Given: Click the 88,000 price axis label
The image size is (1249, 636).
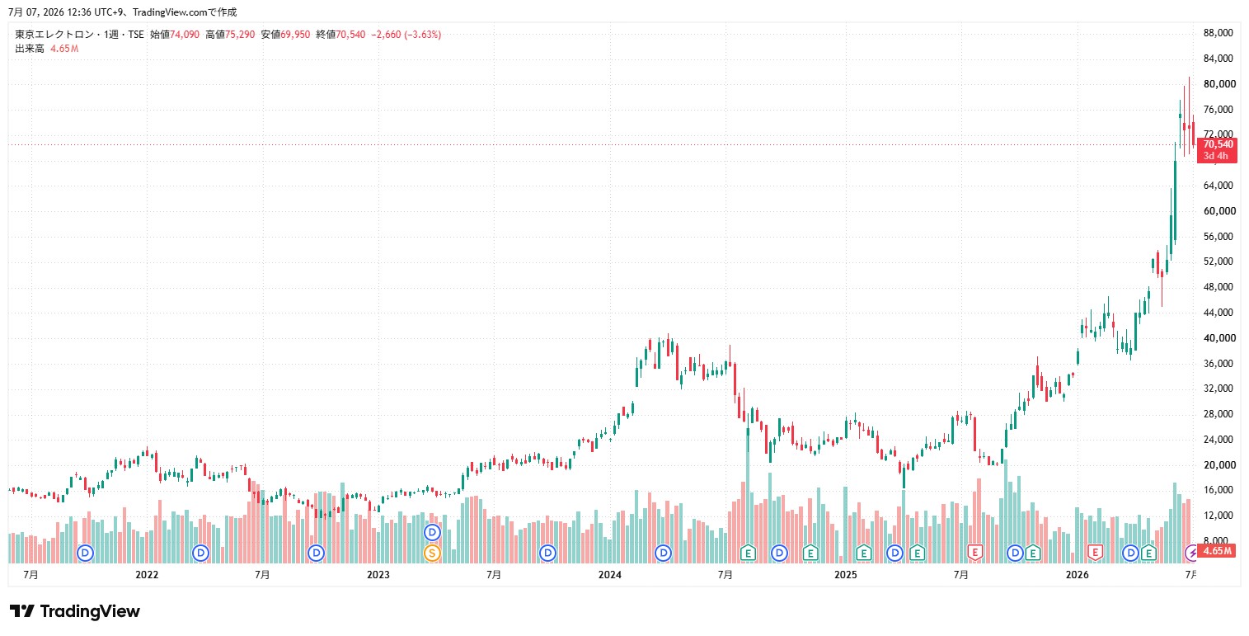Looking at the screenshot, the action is tap(1218, 33).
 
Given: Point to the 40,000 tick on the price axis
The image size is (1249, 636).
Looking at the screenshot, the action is tap(1219, 337).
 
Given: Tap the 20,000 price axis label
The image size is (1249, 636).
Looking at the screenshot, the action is tap(1219, 464).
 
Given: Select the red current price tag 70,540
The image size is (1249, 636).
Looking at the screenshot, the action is tap(1217, 144).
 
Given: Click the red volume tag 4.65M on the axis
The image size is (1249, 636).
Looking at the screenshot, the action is tap(1217, 551).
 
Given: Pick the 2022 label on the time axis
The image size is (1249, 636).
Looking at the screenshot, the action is tap(148, 575).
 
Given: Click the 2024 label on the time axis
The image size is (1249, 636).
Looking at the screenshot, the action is tap(610, 575).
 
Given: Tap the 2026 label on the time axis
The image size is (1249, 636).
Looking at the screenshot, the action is tap(1078, 575).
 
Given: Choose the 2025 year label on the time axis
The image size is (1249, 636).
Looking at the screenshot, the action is tap(845, 575).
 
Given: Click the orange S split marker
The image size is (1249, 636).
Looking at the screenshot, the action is tap(432, 553).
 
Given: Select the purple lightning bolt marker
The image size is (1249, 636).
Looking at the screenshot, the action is tap(1191, 553).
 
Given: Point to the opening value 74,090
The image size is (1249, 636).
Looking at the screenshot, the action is tap(185, 35).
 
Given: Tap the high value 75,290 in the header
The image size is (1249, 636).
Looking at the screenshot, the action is tap(240, 35).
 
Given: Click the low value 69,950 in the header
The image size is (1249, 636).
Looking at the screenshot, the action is tap(295, 35).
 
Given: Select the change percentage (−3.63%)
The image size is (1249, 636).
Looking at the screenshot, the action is tap(423, 35).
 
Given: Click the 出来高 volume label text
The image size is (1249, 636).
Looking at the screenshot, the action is tap(30, 49).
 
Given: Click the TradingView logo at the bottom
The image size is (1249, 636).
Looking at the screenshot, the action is tap(75, 611).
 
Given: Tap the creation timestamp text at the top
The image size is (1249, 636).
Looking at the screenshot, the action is tap(123, 12).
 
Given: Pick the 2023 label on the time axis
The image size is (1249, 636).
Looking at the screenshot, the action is tap(378, 575).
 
